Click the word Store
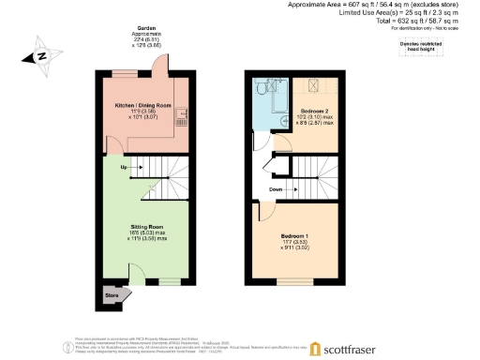coord(112,295)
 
